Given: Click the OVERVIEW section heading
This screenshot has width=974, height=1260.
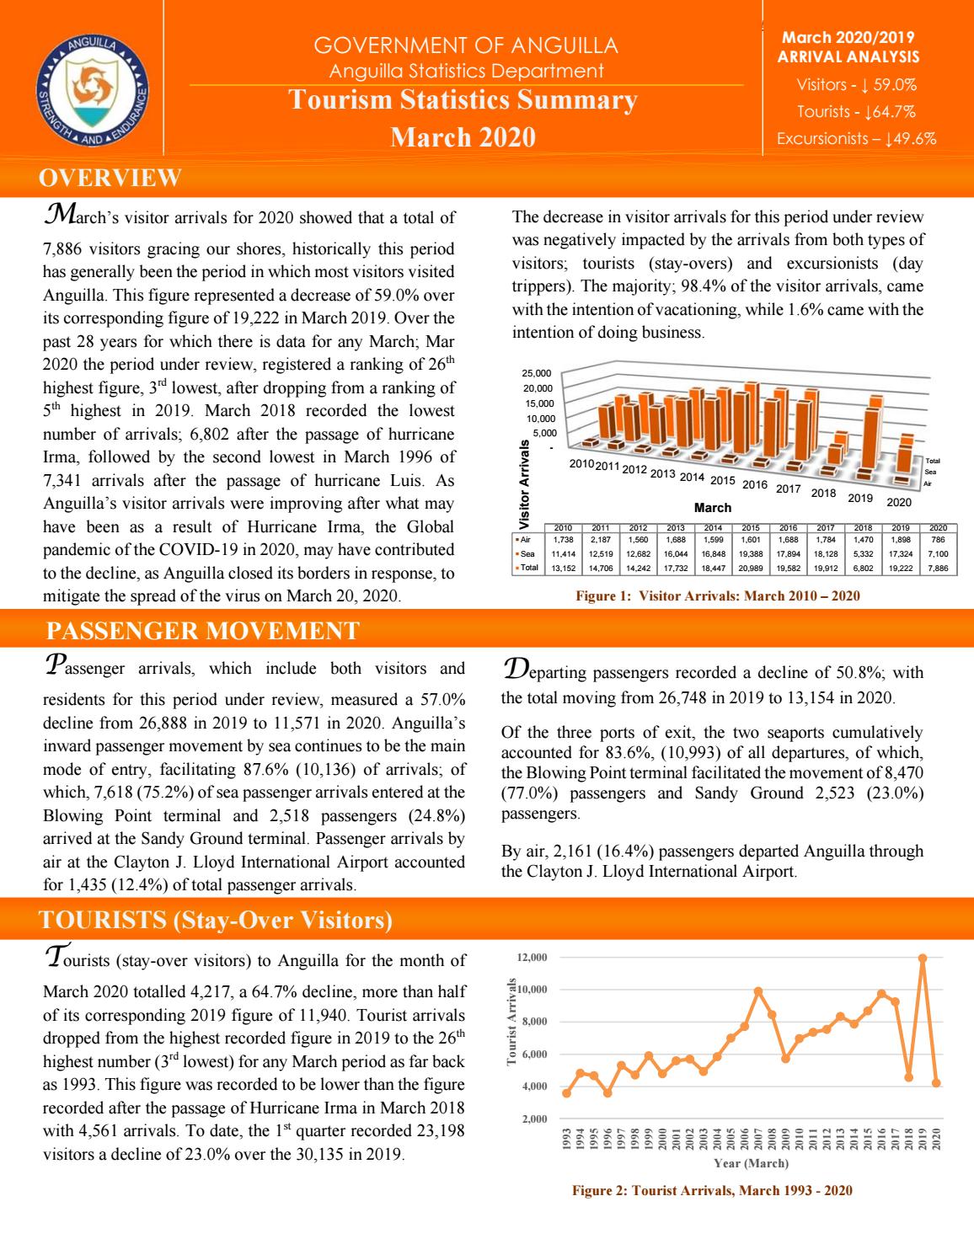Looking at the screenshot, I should [110, 178].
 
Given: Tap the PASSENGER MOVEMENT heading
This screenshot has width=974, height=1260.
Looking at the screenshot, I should [202, 630].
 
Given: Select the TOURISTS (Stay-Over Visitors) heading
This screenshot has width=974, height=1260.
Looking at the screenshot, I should [217, 920].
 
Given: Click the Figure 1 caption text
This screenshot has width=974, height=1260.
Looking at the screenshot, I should [717, 596].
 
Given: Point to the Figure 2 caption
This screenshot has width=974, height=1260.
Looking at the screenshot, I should [712, 1190].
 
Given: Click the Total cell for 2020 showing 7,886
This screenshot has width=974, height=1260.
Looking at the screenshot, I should [937, 569].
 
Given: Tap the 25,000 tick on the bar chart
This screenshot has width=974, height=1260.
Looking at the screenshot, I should [537, 373].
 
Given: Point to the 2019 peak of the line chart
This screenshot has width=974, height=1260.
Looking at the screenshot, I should [923, 958].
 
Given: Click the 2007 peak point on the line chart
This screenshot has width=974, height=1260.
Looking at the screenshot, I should [758, 991].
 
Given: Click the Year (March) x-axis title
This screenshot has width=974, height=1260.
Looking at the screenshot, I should [751, 1163].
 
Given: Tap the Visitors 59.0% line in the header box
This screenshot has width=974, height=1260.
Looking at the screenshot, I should [856, 84].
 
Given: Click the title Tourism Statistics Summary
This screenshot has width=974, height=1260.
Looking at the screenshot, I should [463, 100].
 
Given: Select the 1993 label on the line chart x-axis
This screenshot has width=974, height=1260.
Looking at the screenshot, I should [567, 1139].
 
